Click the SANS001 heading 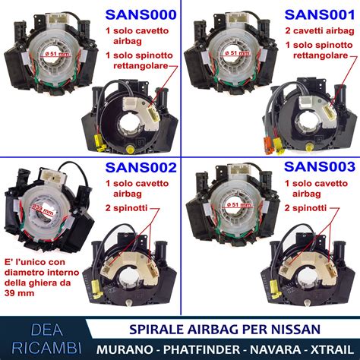317,15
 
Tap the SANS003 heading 317,168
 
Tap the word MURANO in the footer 126,346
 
